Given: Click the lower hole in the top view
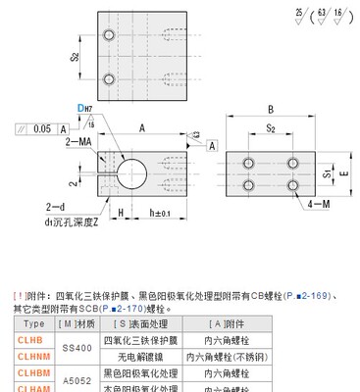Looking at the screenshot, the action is point(103,78).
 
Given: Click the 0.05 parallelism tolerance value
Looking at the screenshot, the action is point(39,128).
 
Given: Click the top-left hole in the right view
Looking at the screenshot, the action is point(251,161).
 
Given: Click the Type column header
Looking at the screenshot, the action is point(33,322).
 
